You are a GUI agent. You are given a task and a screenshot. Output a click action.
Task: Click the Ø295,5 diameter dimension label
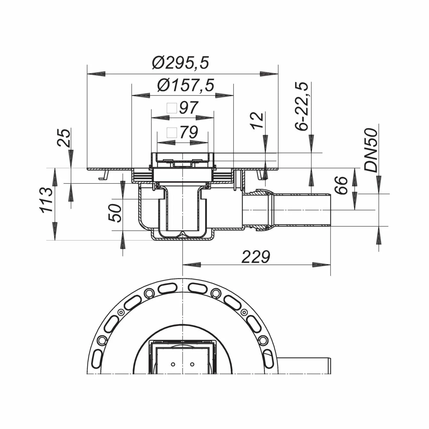(x=181, y=63)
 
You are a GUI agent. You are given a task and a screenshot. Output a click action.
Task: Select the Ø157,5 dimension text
(x=185, y=85)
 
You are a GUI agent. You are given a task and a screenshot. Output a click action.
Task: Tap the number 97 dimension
(x=188, y=108)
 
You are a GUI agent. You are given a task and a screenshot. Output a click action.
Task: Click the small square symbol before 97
(x=172, y=108)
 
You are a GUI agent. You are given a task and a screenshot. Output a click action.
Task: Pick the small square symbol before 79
(x=172, y=133)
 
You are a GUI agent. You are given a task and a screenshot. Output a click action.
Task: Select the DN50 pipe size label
(x=372, y=150)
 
